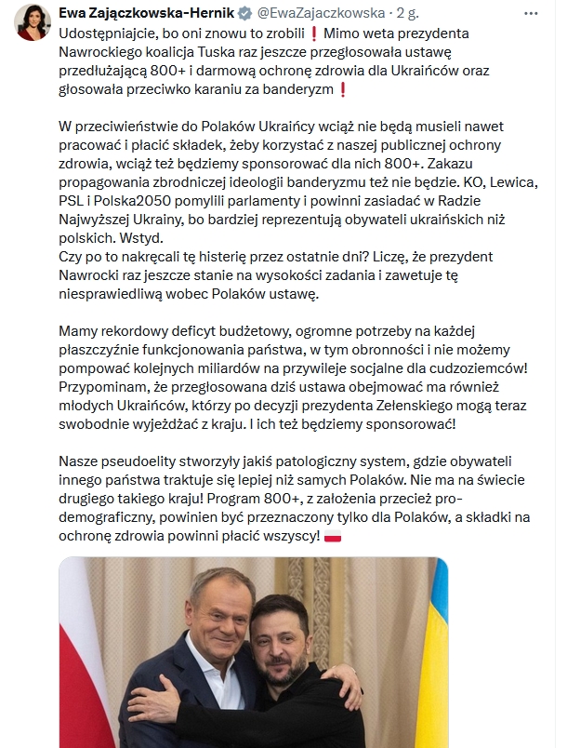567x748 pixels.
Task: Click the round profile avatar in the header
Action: point(31,21)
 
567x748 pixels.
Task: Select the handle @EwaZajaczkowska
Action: point(320,14)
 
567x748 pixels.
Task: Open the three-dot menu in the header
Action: point(531,14)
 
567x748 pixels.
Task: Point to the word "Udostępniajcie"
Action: point(104,34)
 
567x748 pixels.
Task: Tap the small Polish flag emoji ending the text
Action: point(332,536)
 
